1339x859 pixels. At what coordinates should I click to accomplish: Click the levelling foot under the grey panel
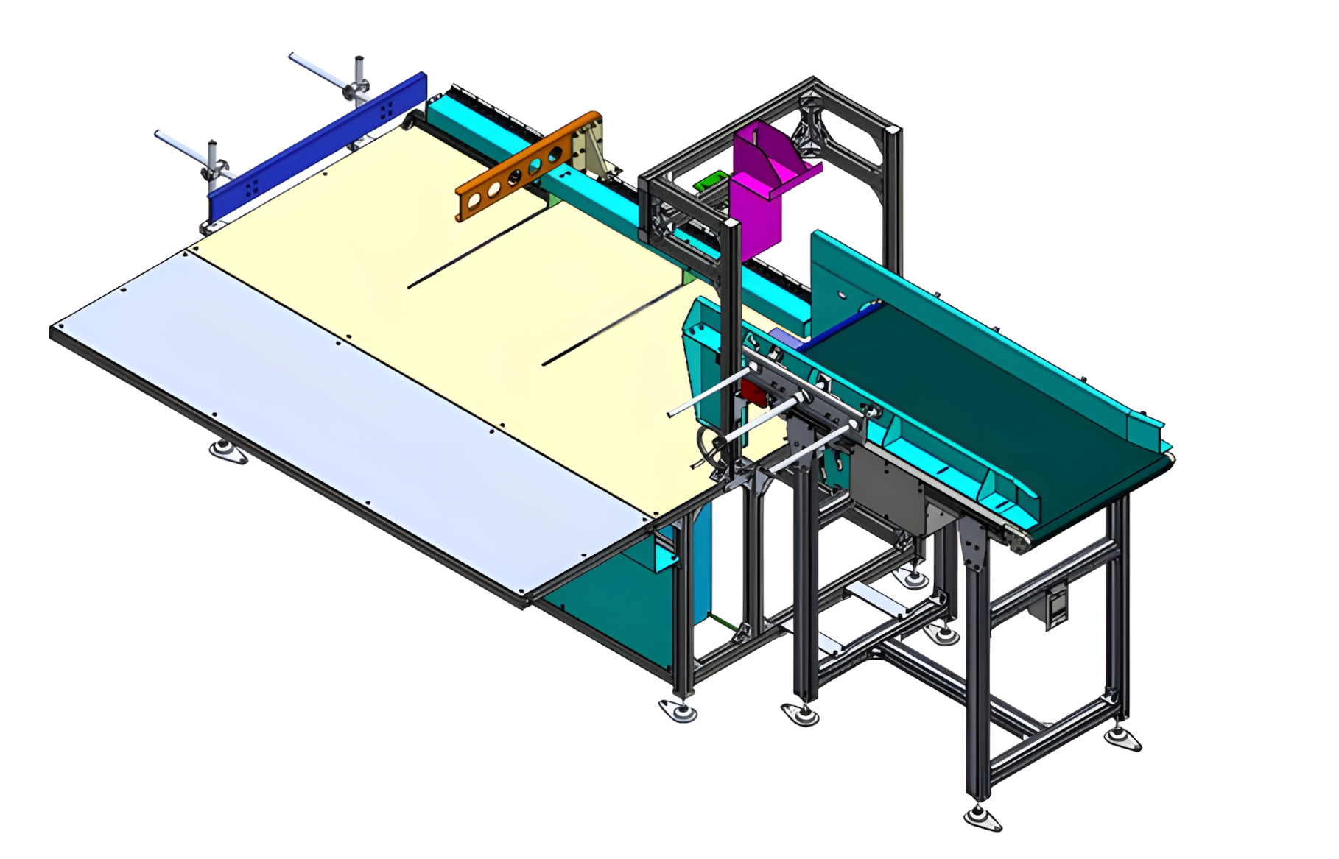(x=228, y=451)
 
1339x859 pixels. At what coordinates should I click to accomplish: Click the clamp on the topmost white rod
(x=356, y=88)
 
